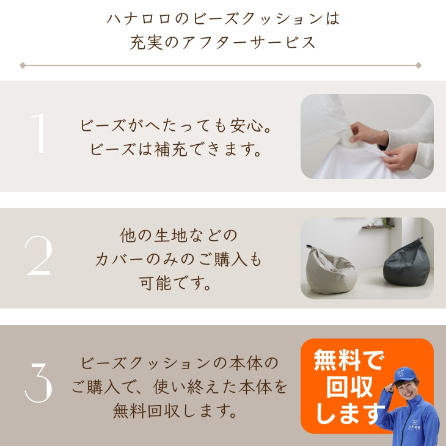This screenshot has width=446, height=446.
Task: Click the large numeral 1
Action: pos(38,133)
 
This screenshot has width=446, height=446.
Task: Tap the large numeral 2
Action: pos(38,255)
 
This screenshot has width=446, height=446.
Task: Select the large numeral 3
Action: pos(38,382)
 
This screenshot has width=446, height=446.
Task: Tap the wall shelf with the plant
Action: pos(379,226)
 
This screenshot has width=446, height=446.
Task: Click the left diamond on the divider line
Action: pos(23,65)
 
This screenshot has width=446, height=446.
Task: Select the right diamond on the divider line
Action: pos(419,65)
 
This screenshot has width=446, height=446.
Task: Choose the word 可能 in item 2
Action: pos(155,283)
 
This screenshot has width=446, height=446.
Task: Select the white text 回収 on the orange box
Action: pos(349,387)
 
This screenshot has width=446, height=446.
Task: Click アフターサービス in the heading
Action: pos(249,43)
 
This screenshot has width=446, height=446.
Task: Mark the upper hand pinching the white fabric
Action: pos(367,133)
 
